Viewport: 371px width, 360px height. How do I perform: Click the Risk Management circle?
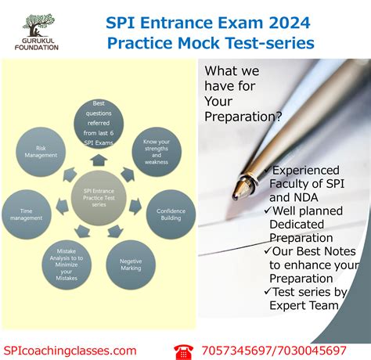[47, 150]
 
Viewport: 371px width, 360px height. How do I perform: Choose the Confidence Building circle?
[171, 213]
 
